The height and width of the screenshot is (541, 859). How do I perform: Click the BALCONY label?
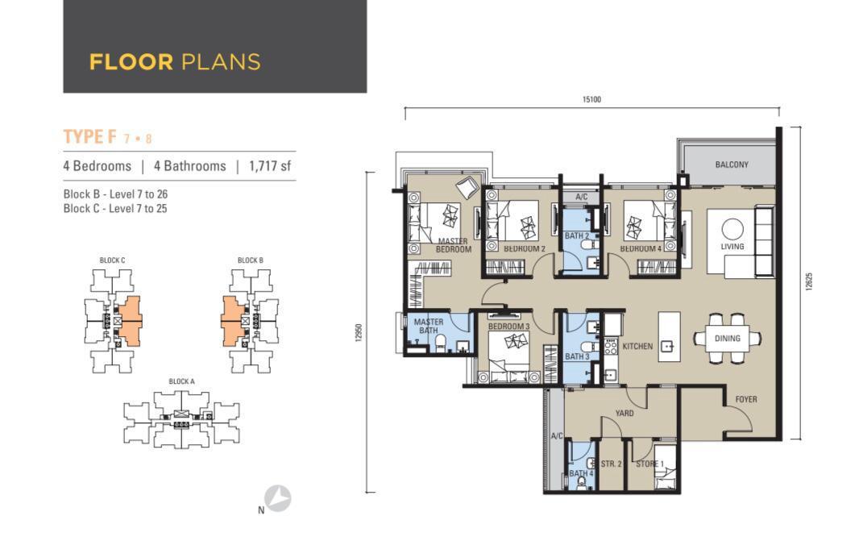click(732, 164)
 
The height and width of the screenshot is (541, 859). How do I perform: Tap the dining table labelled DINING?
click(727, 339)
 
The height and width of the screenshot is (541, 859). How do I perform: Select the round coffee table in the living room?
click(732, 229)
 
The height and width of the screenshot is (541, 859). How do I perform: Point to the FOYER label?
click(746, 400)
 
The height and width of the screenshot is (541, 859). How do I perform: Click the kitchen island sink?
click(667, 347)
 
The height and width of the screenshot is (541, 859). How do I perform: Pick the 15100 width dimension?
click(591, 99)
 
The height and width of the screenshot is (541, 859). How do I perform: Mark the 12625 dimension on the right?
click(810, 281)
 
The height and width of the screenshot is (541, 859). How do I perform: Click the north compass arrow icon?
click(278, 498)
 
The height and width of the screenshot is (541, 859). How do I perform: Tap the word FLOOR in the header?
click(131, 62)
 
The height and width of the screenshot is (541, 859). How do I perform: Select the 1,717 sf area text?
click(269, 166)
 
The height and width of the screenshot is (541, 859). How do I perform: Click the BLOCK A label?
click(181, 381)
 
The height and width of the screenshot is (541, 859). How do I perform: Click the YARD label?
click(625, 414)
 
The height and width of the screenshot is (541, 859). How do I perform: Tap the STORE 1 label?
click(649, 464)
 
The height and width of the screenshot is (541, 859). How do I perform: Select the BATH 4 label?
click(581, 473)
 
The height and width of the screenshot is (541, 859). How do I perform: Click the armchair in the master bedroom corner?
click(467, 188)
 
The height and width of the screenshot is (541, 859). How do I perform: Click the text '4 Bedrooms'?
click(97, 166)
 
